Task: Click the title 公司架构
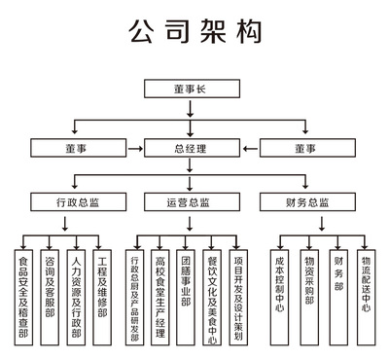(194, 32)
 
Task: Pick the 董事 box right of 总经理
(304, 148)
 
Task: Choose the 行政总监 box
(77, 202)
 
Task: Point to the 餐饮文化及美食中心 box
(213, 297)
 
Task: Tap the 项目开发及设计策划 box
(239, 297)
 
